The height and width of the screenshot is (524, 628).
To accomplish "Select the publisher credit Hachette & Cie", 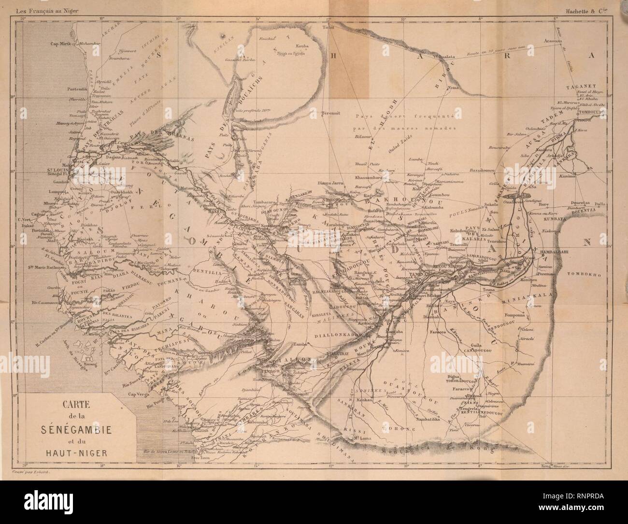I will tap(591, 6).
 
